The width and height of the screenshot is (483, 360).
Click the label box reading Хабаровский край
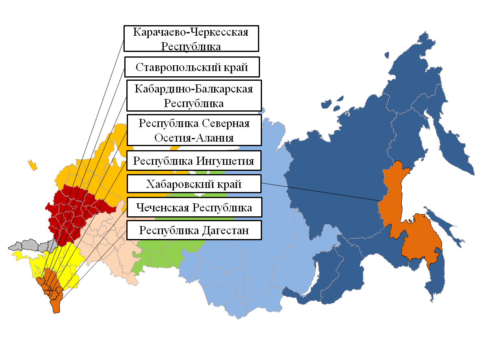(194, 184)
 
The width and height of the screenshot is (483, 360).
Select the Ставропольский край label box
(192, 67)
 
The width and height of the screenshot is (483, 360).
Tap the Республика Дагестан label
(194, 231)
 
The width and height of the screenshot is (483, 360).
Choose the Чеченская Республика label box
(194, 207)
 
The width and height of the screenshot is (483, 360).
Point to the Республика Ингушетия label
(194, 161)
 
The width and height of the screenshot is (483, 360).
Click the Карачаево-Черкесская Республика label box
(191, 39)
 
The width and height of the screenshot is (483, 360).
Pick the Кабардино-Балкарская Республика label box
(194, 95)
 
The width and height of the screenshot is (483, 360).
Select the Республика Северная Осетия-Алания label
(194, 130)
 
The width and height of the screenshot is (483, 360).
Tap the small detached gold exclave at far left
(32, 165)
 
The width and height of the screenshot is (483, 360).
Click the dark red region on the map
(77, 211)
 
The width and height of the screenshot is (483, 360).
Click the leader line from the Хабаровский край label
(321, 192)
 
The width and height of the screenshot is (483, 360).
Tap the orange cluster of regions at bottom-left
(52, 288)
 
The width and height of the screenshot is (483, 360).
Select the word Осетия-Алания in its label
(194, 138)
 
